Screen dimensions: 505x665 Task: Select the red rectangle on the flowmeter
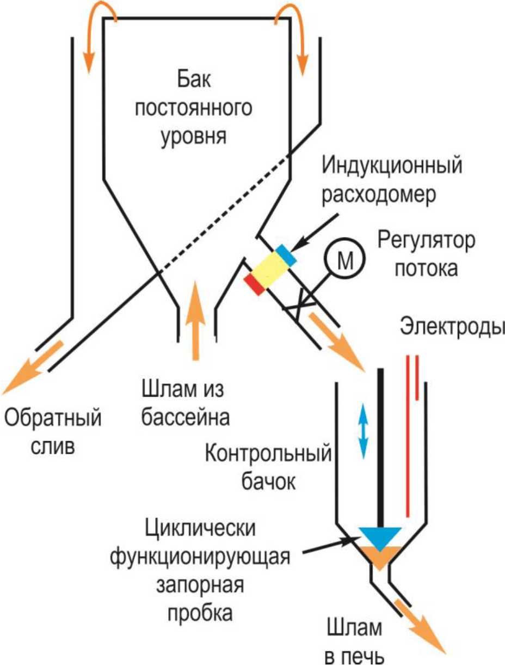coord(255,284)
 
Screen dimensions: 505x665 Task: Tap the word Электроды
coord(452,327)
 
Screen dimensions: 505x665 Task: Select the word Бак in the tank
coord(194,79)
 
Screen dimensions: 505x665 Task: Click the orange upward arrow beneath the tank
coord(195,321)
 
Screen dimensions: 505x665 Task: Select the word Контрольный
coord(268,454)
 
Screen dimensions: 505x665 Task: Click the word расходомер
coord(379,196)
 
